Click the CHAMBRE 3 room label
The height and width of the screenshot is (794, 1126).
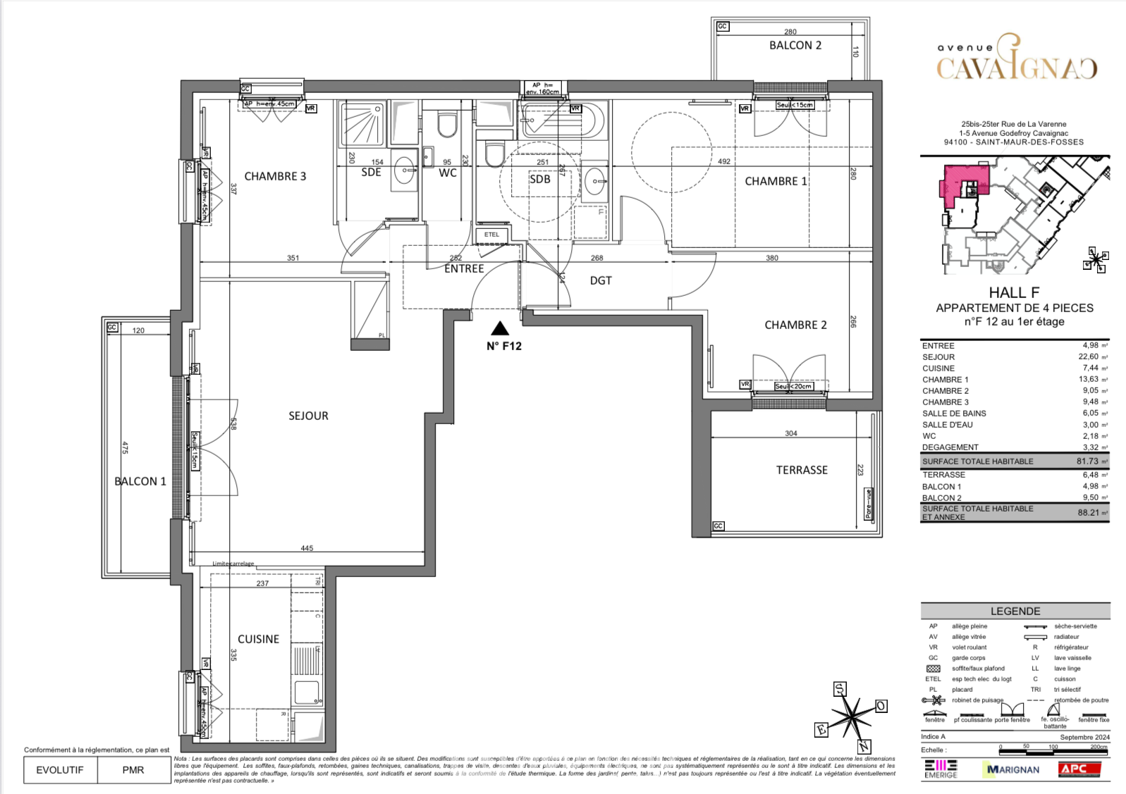(x=275, y=176)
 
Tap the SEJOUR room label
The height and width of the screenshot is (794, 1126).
(x=308, y=416)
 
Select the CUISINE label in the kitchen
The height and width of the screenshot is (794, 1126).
(x=258, y=639)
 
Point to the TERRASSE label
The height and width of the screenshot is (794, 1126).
(x=802, y=470)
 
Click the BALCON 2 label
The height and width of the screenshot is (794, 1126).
(x=795, y=45)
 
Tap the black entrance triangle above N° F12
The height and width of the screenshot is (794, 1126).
(x=500, y=328)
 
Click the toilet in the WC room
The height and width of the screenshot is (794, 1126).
(x=447, y=125)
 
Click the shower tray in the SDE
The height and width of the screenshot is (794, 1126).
(x=362, y=123)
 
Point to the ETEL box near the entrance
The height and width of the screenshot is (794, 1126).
(x=491, y=235)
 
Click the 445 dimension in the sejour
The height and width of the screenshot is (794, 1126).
(x=307, y=548)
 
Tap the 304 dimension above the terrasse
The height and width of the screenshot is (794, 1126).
(x=791, y=433)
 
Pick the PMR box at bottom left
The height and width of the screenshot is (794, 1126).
(x=133, y=770)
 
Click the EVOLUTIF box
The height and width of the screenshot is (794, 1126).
(x=60, y=770)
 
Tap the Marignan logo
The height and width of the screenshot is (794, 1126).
(x=1013, y=769)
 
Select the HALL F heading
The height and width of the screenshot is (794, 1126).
(x=1014, y=292)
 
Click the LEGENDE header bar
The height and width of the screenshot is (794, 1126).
(x=1015, y=611)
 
